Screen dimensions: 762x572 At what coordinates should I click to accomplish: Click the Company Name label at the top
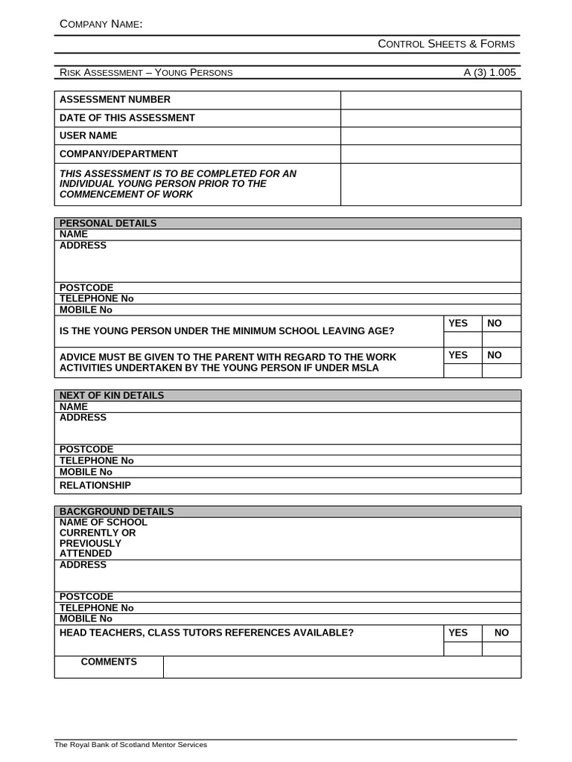click(101, 25)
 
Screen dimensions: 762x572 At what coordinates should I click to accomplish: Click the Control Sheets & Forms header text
click(446, 44)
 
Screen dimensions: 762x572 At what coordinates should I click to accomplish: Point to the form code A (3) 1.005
click(489, 72)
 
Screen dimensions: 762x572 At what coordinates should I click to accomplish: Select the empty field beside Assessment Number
click(430, 100)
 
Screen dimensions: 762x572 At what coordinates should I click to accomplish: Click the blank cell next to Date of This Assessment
click(430, 118)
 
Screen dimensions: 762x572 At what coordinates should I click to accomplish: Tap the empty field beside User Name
click(430, 135)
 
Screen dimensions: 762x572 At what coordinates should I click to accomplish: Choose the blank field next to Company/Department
click(430, 154)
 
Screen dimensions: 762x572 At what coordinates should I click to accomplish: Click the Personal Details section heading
click(108, 223)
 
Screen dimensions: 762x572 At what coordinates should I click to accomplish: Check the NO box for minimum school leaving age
click(501, 339)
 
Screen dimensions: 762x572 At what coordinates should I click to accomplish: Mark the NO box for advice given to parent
click(501, 371)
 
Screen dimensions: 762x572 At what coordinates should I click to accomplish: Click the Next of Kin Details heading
click(112, 395)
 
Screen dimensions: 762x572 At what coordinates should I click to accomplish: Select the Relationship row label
click(95, 485)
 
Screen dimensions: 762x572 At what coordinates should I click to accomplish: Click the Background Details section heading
click(116, 511)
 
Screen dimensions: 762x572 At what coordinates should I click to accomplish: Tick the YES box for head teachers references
click(463, 649)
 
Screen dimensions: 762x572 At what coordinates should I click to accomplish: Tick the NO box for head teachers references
click(501, 649)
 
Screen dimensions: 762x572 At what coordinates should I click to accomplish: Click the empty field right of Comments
click(342, 667)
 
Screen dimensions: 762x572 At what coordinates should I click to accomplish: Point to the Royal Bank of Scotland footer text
click(130, 745)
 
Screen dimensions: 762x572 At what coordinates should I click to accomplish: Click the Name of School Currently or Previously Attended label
click(103, 538)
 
